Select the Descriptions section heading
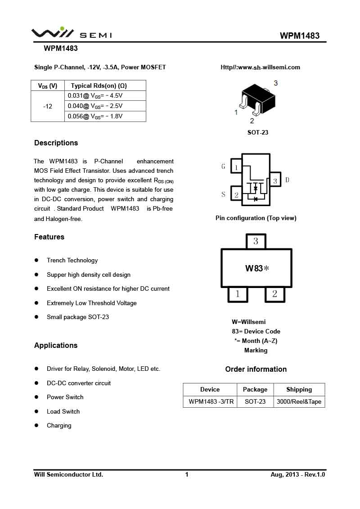tap(56, 143)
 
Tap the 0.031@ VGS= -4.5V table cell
tap(95, 96)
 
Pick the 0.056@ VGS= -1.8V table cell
tap(95, 116)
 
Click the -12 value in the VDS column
tap(48, 106)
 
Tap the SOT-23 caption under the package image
tap(258, 132)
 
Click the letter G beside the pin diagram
tap(223, 167)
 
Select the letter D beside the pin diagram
tap(287, 180)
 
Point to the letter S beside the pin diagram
tap(223, 194)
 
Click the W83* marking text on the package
tap(256, 268)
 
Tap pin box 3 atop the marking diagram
tap(256, 241)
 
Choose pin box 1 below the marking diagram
tap(238, 294)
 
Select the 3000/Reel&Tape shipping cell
tap(299, 401)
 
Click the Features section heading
tap(49, 237)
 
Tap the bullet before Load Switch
tap(36, 411)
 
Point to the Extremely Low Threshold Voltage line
tap(92, 303)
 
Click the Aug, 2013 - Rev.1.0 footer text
tap(297, 474)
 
